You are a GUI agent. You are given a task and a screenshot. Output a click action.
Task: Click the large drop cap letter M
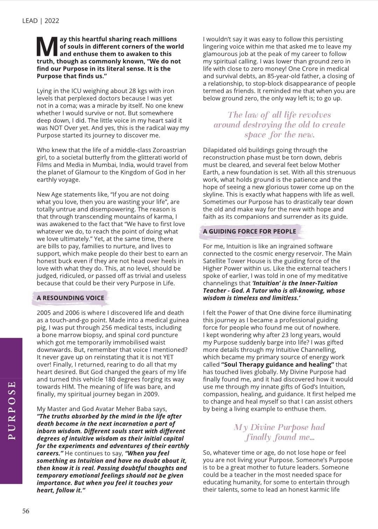click(x=47, y=47)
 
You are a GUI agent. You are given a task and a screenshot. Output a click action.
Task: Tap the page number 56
click(x=26, y=511)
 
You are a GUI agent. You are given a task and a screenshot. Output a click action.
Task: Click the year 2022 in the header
click(x=52, y=21)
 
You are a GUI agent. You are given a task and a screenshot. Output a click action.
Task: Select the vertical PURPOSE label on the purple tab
click(x=12, y=410)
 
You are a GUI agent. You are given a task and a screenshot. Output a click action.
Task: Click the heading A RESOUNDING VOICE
click(x=70, y=298)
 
